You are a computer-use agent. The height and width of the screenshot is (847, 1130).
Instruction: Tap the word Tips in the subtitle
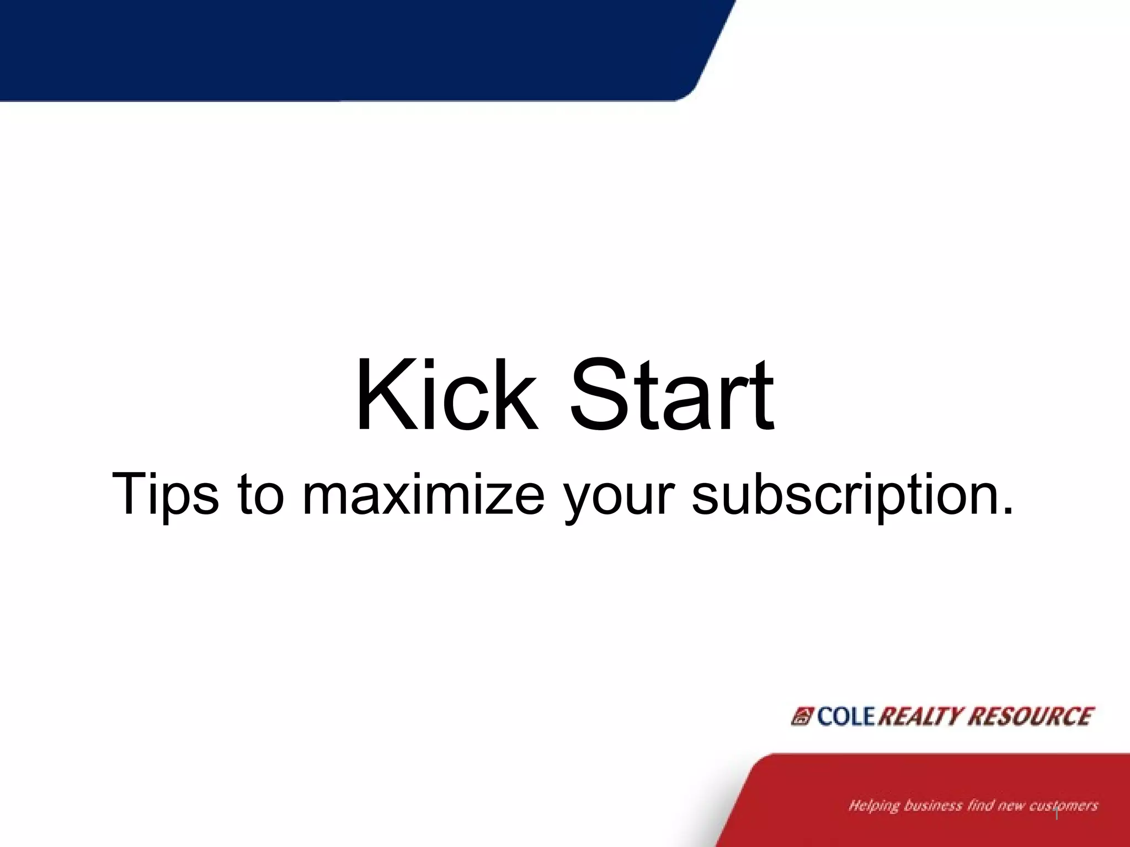pyautogui.click(x=165, y=494)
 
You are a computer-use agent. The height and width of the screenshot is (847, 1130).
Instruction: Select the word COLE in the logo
pyautogui.click(x=846, y=716)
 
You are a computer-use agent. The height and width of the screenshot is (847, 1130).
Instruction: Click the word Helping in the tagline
pyautogui.click(x=874, y=806)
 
